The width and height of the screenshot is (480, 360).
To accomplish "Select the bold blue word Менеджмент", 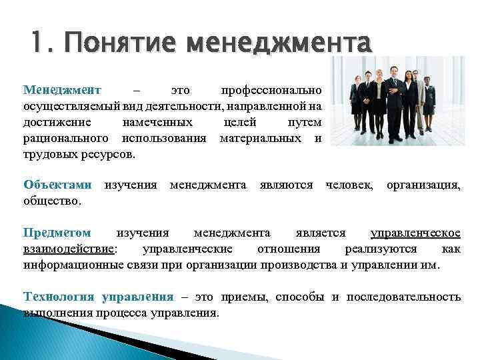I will [61, 89].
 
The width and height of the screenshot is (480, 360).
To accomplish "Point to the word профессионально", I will [271, 89].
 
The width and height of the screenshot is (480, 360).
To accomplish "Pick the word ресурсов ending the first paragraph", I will [107, 154].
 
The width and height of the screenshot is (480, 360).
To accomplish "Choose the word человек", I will [349, 184].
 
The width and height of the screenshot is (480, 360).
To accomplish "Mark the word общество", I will [52, 200].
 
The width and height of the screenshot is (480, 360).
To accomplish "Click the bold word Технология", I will [59, 297].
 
